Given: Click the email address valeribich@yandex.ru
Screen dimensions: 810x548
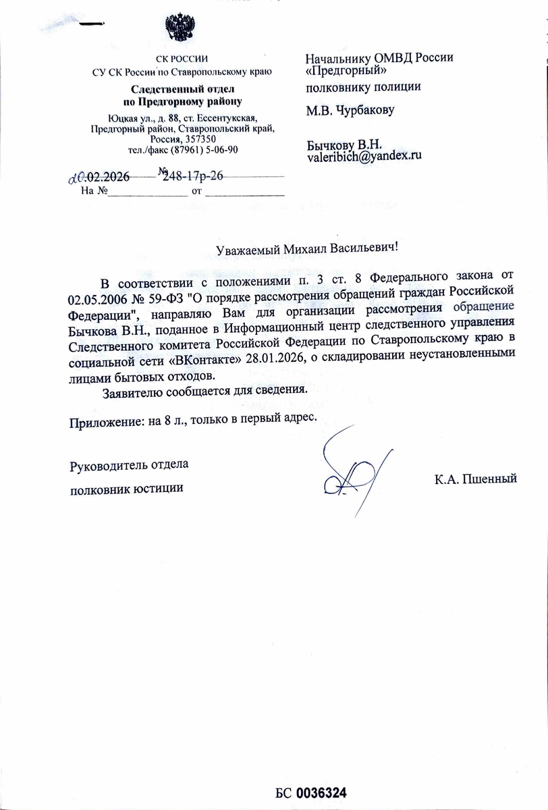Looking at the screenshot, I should tap(364, 156).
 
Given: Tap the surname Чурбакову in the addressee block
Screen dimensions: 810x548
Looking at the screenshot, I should tap(368, 110).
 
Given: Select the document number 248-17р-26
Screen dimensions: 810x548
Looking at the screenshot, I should tap(193, 176).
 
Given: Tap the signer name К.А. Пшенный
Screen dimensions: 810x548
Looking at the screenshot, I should tap(476, 480).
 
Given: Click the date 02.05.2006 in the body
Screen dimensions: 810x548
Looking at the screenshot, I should tap(99, 298).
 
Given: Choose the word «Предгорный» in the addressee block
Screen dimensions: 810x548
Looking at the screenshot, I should tap(346, 71).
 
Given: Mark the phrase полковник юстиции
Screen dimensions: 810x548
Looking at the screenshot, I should tap(126, 487).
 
